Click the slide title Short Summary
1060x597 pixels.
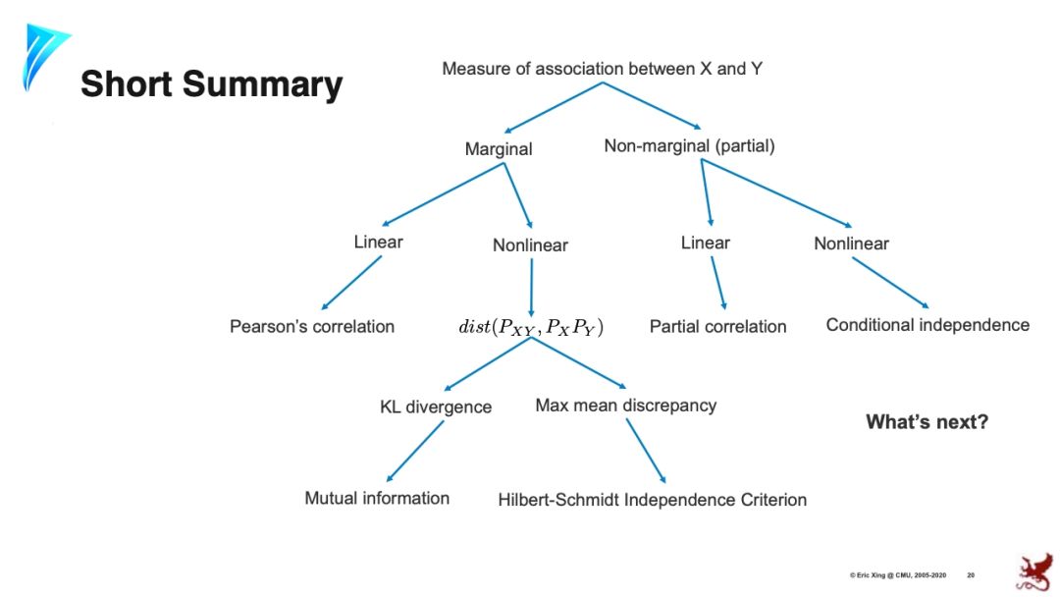pos(211,84)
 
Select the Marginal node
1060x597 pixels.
pos(499,150)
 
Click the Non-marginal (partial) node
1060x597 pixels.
pos(689,146)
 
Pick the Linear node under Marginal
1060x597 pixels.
pos(378,242)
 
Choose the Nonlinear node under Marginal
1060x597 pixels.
pos(530,245)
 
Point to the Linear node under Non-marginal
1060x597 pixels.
pos(706,243)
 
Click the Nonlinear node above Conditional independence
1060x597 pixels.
pos(851,244)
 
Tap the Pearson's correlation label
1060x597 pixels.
pos(312,326)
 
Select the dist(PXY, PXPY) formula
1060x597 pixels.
pos(531,326)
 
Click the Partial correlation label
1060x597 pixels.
pos(717,326)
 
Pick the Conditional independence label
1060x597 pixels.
pos(927,325)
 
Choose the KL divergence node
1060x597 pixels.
pos(436,407)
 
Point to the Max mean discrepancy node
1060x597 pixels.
pos(625,405)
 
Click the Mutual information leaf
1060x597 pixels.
pos(377,498)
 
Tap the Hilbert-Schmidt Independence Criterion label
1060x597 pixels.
pos(652,500)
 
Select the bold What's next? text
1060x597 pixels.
pos(927,422)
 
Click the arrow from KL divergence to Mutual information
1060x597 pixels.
pos(415,450)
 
